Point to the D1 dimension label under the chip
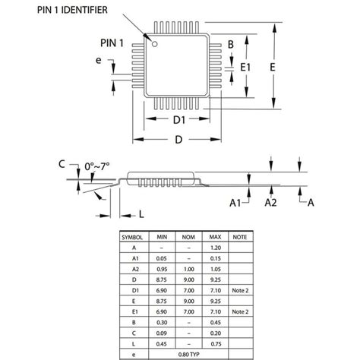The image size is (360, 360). [179, 120]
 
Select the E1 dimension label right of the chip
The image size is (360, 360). [245, 68]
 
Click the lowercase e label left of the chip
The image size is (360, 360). [99, 61]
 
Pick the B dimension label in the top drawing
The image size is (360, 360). [230, 45]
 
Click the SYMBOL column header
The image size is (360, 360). [134, 236]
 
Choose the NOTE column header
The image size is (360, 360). [239, 236]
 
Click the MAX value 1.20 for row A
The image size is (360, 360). [215, 247]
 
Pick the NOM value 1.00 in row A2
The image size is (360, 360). [188, 268]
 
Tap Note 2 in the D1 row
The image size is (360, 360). [239, 290]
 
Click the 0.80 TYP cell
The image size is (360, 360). [188, 354]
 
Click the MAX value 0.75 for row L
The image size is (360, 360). [215, 343]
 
